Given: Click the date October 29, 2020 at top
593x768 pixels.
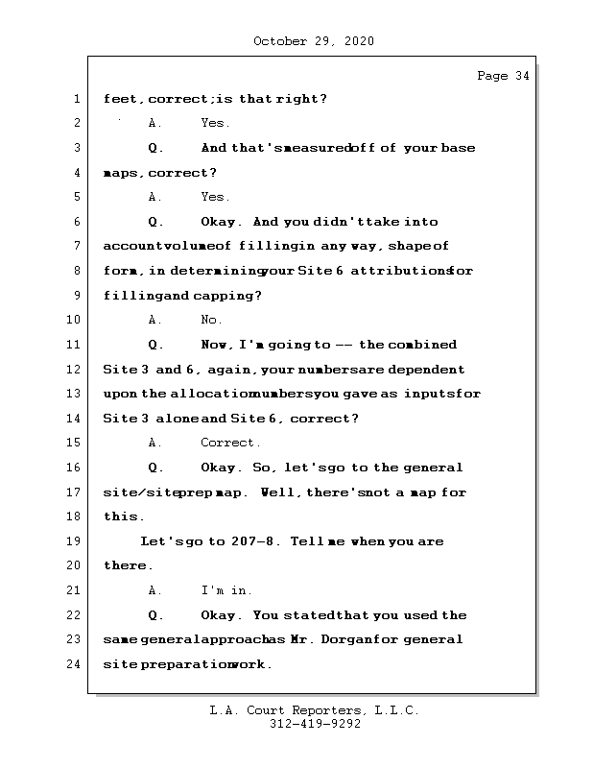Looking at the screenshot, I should pyautogui.click(x=314, y=41).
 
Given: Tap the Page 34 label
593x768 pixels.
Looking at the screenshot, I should pyautogui.click(x=502, y=77).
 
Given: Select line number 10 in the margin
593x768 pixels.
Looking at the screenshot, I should pyautogui.click(x=75, y=321).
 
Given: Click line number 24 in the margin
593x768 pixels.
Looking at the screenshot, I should pyautogui.click(x=75, y=664).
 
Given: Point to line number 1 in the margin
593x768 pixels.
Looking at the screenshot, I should pyautogui.click(x=75, y=100).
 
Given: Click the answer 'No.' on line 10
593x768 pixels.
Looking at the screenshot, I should pyautogui.click(x=211, y=321).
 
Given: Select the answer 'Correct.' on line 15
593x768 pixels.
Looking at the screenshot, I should pyautogui.click(x=230, y=444).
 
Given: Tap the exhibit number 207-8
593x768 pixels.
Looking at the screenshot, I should pyautogui.click(x=254, y=541).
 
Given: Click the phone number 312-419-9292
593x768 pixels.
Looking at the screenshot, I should pyautogui.click(x=314, y=725).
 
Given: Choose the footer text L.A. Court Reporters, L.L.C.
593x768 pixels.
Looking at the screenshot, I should pyautogui.click(x=314, y=711).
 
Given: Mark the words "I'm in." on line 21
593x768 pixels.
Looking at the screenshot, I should pyautogui.click(x=226, y=590).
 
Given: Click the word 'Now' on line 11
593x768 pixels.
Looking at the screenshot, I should pyautogui.click(x=217, y=345).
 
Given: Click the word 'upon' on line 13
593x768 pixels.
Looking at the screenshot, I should pyautogui.click(x=121, y=395).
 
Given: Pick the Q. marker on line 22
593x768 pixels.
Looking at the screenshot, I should pyautogui.click(x=156, y=615).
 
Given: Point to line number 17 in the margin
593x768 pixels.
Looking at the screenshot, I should pyautogui.click(x=75, y=492).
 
